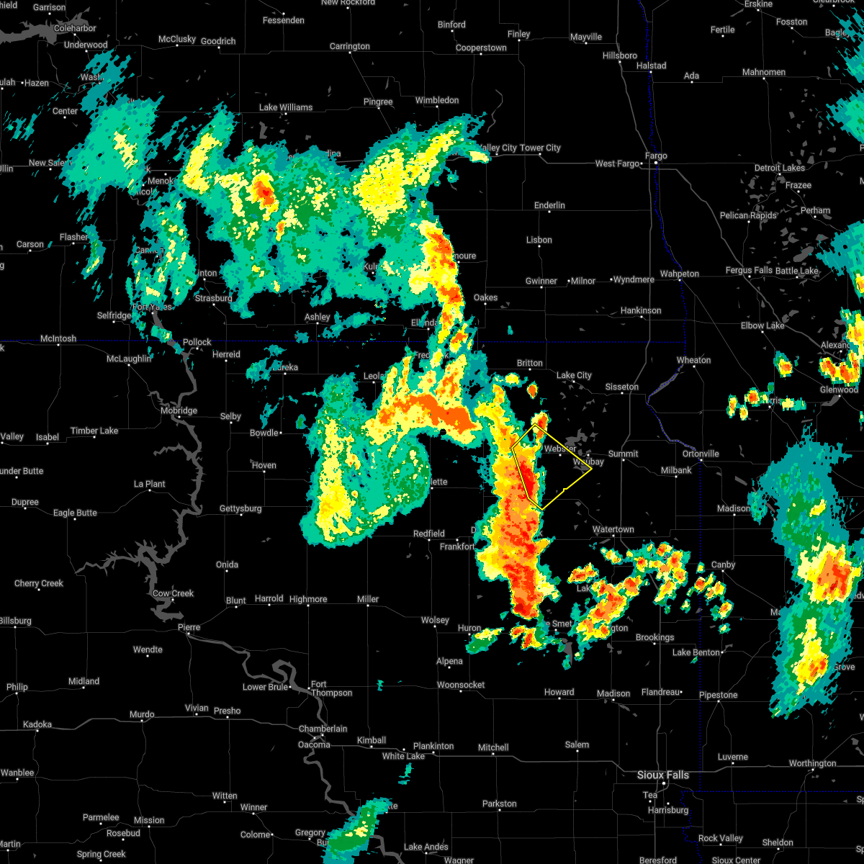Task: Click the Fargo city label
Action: pyautogui.click(x=656, y=156)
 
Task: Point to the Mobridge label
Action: pyautogui.click(x=179, y=410)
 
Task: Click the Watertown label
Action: pyautogui.click(x=613, y=529)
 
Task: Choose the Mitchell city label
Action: pyautogui.click(x=493, y=747)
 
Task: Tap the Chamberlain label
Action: pyautogui.click(x=323, y=729)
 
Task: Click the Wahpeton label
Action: pyautogui.click(x=680, y=274)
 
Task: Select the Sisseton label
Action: pyautogui.click(x=621, y=387)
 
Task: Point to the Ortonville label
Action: pyautogui.click(x=701, y=454)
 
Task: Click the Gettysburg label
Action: pyautogui.click(x=240, y=508)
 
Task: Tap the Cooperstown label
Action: pyautogui.click(x=481, y=48)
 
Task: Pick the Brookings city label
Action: pyautogui.click(x=654, y=637)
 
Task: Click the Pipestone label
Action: pyautogui.click(x=718, y=695)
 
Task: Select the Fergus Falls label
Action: pyautogui.click(x=749, y=271)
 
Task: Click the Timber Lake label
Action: pyautogui.click(x=94, y=431)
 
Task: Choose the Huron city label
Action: pyautogui.click(x=469, y=628)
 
